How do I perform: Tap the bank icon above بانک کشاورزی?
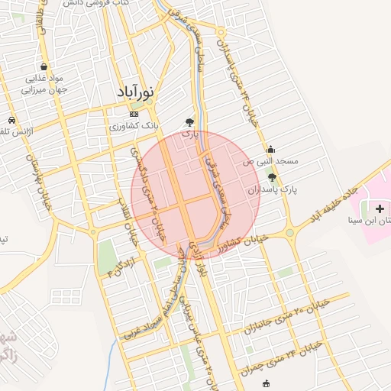click(134, 114)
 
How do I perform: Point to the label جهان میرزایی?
click(47, 89)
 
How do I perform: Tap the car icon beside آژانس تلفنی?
click(12, 121)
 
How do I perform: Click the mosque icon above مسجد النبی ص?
click(270, 149)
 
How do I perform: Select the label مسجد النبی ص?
click(270, 162)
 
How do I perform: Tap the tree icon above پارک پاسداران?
click(272, 177)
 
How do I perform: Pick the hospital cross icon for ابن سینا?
click(380, 208)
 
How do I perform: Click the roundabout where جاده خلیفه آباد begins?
click(289, 232)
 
